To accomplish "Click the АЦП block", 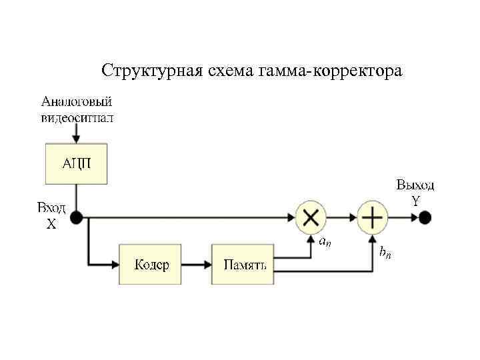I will (76, 163).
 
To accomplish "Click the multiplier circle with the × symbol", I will (311, 217).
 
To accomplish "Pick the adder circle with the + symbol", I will (373, 217).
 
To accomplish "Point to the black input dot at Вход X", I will (76, 217).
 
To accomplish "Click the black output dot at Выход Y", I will (425, 217).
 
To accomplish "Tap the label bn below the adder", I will (385, 252).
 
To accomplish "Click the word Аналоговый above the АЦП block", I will (76, 102).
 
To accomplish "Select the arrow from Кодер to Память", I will (197, 265).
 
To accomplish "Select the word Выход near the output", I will (415, 185).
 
